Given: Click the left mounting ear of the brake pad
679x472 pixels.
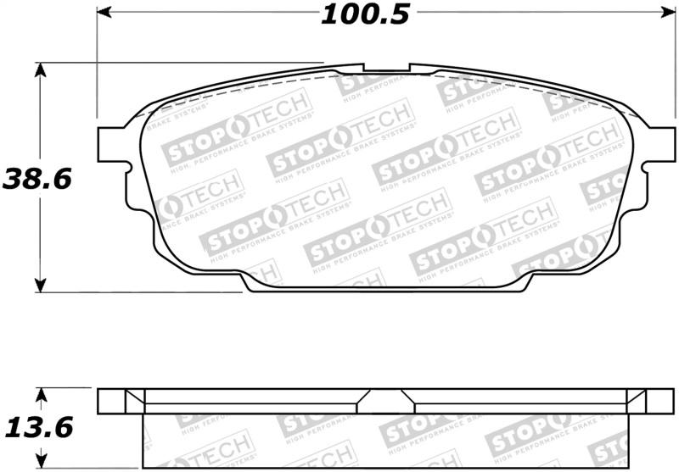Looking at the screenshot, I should click(x=112, y=142).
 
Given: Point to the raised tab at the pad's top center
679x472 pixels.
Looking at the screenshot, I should click(x=386, y=67).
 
